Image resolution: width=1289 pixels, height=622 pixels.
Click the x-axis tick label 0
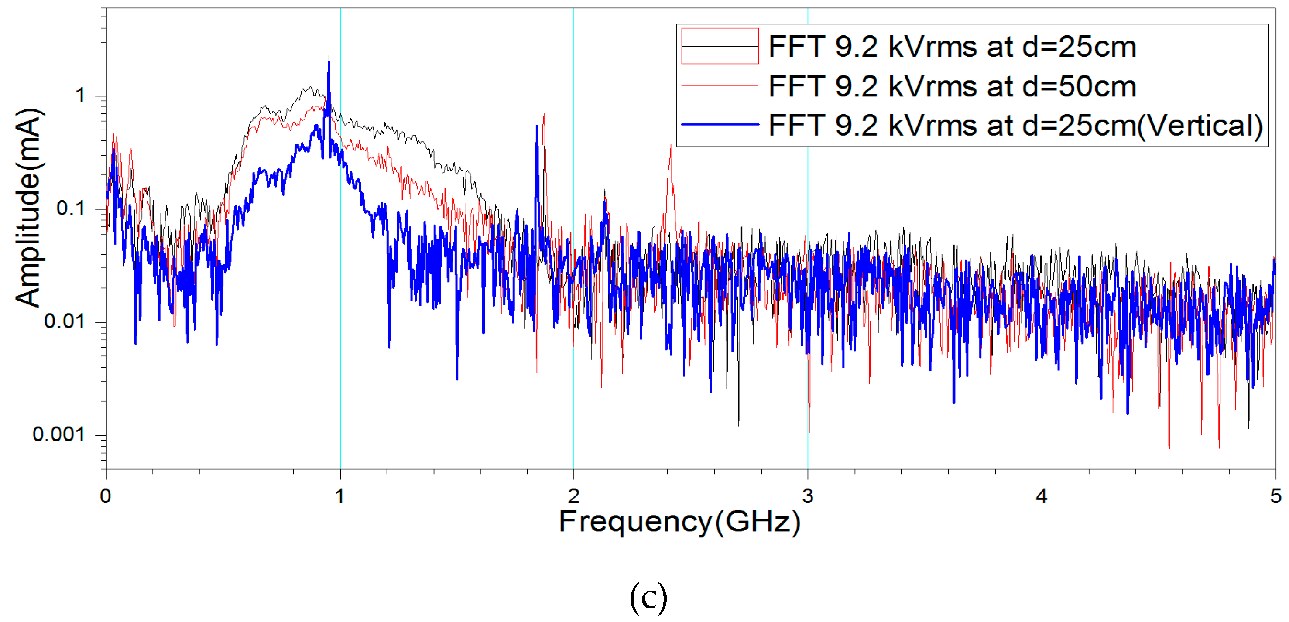105,496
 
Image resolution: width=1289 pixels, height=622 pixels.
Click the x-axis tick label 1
340,496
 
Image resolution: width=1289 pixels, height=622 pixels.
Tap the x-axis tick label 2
573,496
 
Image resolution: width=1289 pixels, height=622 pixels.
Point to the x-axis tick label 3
808,496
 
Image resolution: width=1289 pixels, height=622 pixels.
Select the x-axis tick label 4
1041,496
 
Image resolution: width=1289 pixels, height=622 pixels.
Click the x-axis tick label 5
1275,496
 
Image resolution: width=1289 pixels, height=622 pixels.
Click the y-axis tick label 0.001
58,434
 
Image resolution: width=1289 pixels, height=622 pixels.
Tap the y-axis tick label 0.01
64,321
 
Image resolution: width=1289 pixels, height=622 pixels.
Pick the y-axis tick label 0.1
70,208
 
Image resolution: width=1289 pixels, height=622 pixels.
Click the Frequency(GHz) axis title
679,522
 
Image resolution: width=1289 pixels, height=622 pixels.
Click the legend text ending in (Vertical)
1015,125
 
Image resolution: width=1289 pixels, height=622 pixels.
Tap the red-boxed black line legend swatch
720,46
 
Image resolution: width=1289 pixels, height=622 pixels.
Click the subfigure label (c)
648,598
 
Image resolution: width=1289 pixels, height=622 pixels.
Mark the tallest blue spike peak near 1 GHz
329,58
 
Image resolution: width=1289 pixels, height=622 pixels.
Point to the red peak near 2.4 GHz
671,147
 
